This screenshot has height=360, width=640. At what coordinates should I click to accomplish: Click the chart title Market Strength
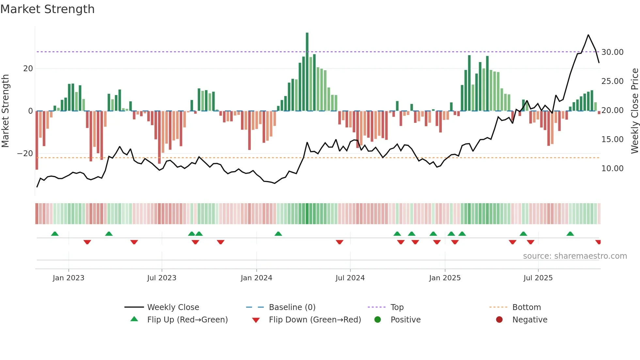(47, 9)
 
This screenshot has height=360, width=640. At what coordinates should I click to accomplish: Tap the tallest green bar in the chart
(307, 72)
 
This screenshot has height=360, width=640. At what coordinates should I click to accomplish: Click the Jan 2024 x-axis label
(256, 278)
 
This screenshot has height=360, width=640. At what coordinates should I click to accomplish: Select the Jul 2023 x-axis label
(162, 278)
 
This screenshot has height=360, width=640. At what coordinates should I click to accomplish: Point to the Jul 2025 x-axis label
(538, 278)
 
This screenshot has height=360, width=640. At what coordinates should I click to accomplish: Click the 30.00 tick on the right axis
(612, 52)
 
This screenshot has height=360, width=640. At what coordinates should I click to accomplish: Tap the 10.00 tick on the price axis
(612, 169)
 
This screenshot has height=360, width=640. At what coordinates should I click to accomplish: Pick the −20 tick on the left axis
(25, 154)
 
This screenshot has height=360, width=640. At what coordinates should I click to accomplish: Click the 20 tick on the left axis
(28, 69)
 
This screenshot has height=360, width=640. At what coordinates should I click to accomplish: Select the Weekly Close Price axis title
(634, 111)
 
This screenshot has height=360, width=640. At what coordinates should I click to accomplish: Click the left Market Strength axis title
(5, 111)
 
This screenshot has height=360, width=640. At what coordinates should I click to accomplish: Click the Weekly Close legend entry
(173, 307)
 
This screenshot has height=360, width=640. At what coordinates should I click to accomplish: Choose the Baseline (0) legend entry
(292, 307)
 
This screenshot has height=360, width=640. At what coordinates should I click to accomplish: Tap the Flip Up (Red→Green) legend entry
(187, 320)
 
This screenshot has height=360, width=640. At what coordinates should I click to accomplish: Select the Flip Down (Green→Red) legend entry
(314, 320)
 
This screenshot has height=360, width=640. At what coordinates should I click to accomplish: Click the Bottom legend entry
(526, 307)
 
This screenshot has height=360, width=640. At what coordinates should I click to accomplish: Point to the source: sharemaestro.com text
(575, 256)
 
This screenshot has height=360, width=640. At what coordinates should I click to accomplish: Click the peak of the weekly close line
(588, 35)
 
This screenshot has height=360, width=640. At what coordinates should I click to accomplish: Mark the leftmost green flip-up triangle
(55, 234)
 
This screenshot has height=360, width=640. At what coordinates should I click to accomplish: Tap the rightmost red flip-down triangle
(598, 242)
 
